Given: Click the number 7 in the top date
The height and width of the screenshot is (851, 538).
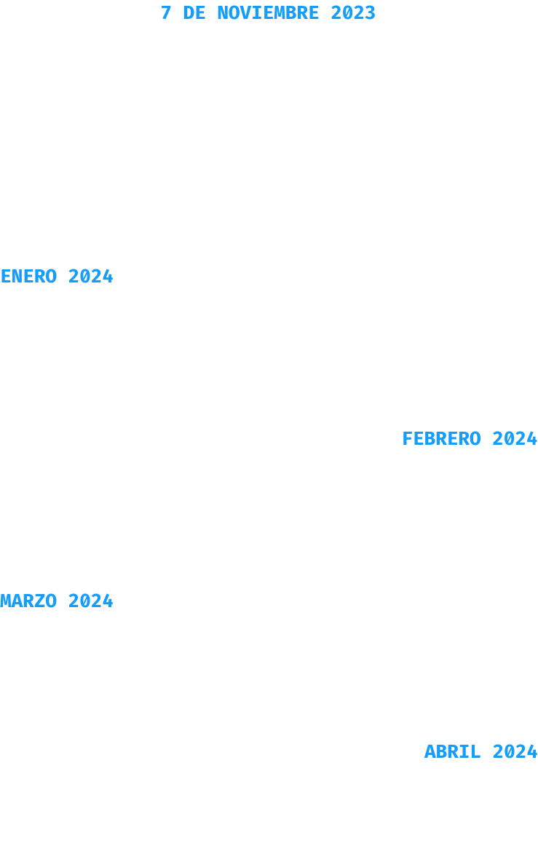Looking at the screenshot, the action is (166, 13).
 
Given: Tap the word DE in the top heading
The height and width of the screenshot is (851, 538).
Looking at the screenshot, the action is (194, 13).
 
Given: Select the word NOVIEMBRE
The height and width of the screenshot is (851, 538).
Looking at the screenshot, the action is (268, 13).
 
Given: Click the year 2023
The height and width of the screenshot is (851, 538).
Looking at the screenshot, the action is (353, 13).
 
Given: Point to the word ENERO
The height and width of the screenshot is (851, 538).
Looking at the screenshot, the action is (29, 276).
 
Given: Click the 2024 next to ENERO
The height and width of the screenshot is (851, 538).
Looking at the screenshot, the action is (91, 276).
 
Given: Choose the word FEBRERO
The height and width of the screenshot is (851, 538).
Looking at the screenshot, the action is (441, 438).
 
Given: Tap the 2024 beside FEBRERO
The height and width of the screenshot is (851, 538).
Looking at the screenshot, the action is (515, 438).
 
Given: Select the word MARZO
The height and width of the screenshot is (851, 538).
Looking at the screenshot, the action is (29, 601).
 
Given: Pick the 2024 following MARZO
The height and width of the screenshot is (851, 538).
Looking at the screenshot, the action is (91, 601).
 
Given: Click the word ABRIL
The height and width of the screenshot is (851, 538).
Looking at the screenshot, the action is (453, 752).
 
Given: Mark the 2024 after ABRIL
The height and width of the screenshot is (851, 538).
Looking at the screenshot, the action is (515, 752).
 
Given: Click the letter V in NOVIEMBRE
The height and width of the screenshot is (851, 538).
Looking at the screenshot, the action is (245, 13).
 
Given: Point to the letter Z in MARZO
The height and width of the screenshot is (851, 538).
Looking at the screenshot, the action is (40, 601).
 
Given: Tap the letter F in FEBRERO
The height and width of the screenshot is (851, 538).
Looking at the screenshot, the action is (408, 438).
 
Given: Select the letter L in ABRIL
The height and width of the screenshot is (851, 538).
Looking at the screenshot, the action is (475, 752).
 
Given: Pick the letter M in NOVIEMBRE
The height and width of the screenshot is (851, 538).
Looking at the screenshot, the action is (280, 13).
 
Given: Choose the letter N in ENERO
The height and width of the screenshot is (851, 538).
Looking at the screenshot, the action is (17, 276).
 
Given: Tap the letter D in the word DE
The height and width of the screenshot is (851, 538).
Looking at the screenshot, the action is (189, 13).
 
